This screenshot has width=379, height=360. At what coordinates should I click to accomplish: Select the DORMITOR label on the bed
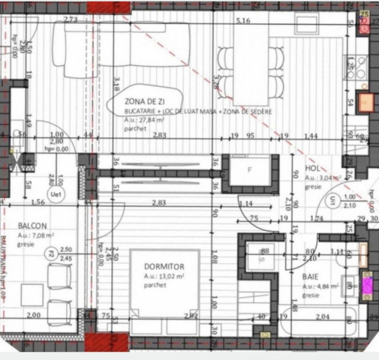point(164,266)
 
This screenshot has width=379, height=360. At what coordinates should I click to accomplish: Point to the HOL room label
point(314,169)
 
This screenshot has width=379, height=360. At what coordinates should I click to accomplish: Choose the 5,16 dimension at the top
point(243,21)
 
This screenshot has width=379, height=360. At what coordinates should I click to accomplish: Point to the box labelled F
point(250,170)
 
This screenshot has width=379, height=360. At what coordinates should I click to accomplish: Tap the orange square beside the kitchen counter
point(365,102)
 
